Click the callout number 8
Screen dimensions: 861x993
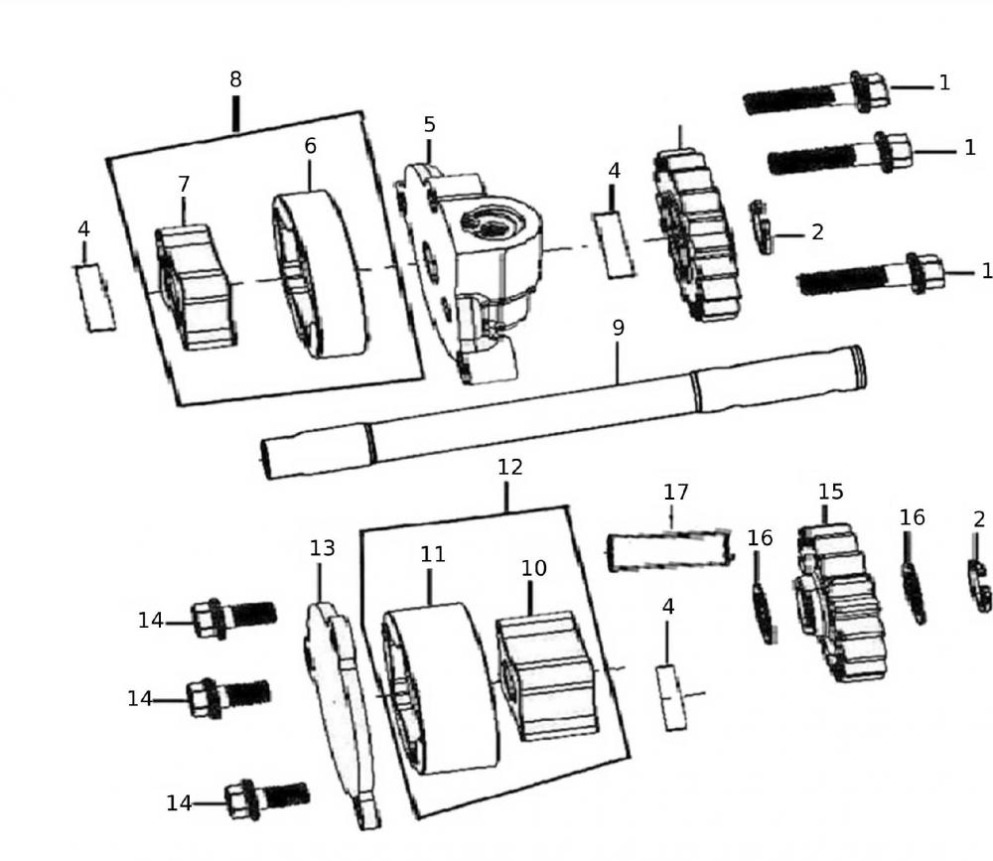[x=235, y=78]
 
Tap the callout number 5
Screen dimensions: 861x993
[x=429, y=125]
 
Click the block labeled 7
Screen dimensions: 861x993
[x=197, y=287]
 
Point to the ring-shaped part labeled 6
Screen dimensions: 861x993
[x=320, y=275]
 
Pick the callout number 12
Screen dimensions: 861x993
[x=509, y=467]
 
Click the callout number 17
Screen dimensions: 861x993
[x=676, y=493]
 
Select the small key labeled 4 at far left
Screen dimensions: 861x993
[x=95, y=297]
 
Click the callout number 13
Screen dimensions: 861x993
[x=322, y=548]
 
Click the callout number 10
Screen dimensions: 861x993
[x=534, y=568]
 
